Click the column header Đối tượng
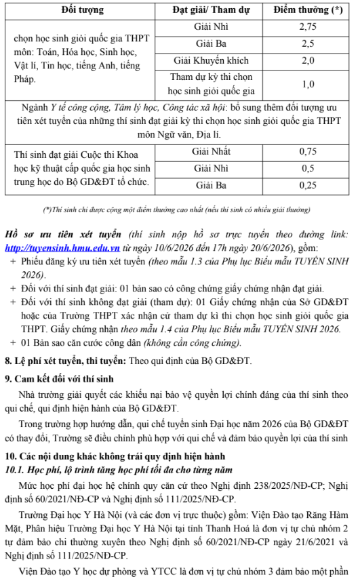click(x=83, y=10)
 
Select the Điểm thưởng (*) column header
click(x=308, y=10)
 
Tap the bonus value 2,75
click(x=308, y=27)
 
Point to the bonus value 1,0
click(x=308, y=85)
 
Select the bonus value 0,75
click(x=308, y=151)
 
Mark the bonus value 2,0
click(x=308, y=60)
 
